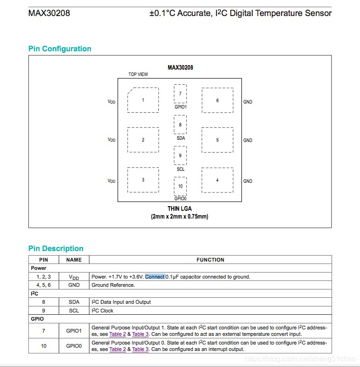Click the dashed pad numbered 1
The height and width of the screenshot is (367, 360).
click(x=143, y=100)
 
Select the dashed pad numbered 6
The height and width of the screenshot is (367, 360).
click(x=217, y=100)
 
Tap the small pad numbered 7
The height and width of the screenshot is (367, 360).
click(x=180, y=93)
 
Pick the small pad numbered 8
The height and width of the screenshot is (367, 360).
click(x=180, y=125)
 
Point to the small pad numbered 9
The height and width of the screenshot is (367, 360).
click(x=180, y=155)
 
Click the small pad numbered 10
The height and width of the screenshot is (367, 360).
click(x=180, y=186)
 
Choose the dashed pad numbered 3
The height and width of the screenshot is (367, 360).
click(x=143, y=180)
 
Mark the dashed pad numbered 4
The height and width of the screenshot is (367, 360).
click(x=217, y=180)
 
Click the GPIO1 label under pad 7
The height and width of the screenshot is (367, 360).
click(x=181, y=107)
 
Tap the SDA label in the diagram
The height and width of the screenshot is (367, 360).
click(x=181, y=138)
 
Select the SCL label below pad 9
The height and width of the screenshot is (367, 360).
click(x=181, y=169)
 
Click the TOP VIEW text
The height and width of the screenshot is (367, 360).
click(x=138, y=74)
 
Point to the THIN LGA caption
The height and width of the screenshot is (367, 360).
click(x=180, y=209)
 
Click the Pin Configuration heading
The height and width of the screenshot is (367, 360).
click(x=60, y=49)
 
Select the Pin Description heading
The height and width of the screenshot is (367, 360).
click(x=56, y=249)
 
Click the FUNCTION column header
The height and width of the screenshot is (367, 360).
click(x=210, y=260)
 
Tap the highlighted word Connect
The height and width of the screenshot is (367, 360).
click(x=155, y=277)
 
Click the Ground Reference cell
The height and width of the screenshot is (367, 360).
click(x=113, y=285)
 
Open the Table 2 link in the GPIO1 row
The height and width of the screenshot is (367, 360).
click(x=117, y=334)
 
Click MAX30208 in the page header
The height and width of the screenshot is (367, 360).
click(x=49, y=13)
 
